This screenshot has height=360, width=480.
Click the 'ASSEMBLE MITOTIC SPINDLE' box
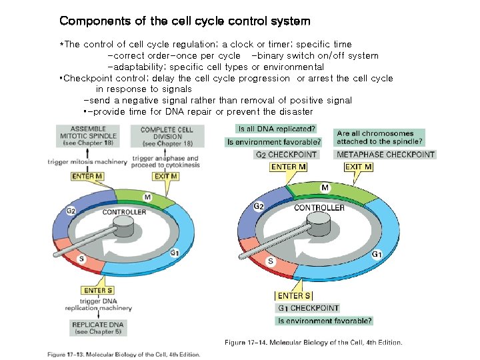89,137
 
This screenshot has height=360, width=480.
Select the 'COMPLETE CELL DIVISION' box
167,137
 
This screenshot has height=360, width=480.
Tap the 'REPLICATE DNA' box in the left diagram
97,328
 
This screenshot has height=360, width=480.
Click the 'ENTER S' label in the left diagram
97,290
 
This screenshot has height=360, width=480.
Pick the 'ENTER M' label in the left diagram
87,176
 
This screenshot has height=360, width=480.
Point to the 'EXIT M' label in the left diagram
165,176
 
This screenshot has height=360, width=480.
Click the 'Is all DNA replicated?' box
277,128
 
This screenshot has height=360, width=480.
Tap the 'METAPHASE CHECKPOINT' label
385,155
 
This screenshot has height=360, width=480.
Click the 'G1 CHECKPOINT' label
307,308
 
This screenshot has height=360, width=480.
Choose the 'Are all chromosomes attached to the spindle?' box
379,137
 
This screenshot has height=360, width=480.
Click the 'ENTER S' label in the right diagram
293,296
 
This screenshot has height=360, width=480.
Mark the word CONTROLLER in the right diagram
319,207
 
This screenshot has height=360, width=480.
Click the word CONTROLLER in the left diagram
124,212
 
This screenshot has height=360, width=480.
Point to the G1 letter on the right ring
377,254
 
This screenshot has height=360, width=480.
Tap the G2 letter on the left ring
71,211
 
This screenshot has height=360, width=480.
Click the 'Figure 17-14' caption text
313,343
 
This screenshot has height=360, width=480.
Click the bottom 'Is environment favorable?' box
325,321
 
